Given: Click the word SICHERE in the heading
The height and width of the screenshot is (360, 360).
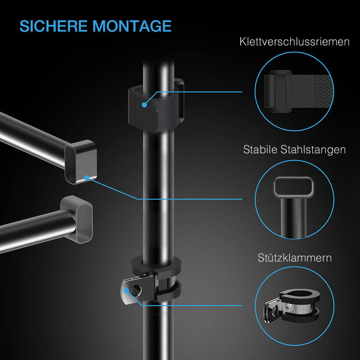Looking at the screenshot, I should click(x=53, y=26).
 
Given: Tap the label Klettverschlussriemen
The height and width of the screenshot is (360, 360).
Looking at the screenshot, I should click(x=294, y=42).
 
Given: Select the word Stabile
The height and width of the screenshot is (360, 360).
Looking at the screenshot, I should click(x=261, y=149).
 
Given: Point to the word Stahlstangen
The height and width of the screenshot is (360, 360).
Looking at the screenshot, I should click(x=313, y=149).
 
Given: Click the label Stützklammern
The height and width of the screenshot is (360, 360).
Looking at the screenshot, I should click(x=294, y=258).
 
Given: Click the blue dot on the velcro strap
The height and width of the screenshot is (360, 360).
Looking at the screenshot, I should click(x=144, y=104).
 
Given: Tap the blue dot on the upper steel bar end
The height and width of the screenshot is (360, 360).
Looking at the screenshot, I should click(x=86, y=178).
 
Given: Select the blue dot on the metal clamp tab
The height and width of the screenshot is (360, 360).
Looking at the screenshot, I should click(x=126, y=290).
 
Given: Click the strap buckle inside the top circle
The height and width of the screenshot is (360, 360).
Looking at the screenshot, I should click(x=281, y=90).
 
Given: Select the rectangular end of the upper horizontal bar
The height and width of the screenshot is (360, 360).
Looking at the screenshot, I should click(x=81, y=162).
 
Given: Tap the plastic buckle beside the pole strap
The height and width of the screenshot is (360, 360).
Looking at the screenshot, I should click(x=181, y=100).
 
